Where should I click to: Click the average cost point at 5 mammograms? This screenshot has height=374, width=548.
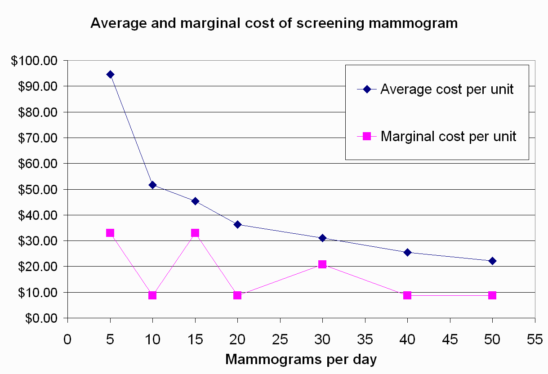coord(110,74)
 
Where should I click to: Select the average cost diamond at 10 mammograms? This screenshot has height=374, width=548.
coord(152,185)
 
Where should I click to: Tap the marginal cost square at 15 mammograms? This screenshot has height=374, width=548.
coord(195,233)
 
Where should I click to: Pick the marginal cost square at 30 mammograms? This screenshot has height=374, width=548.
coord(322,264)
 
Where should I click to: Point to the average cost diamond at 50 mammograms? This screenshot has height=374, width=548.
coord(492,261)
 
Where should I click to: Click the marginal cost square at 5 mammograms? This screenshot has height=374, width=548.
coord(110,233)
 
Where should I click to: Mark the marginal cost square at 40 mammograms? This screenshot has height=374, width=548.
coord(407,295)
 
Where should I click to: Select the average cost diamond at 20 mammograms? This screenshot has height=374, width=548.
coord(237,224)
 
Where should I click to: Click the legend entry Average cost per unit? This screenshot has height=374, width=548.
coord(446,89)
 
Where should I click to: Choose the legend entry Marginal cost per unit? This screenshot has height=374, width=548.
coord(448,136)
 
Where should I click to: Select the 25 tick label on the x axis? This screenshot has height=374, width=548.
coord(280,339)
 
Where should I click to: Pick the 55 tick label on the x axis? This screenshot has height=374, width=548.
coord(535,339)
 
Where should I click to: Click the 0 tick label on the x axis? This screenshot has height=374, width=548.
coord(67,339)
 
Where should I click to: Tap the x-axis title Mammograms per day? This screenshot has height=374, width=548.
coord(301,360)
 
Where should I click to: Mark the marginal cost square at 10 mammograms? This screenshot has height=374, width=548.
coord(152,295)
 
